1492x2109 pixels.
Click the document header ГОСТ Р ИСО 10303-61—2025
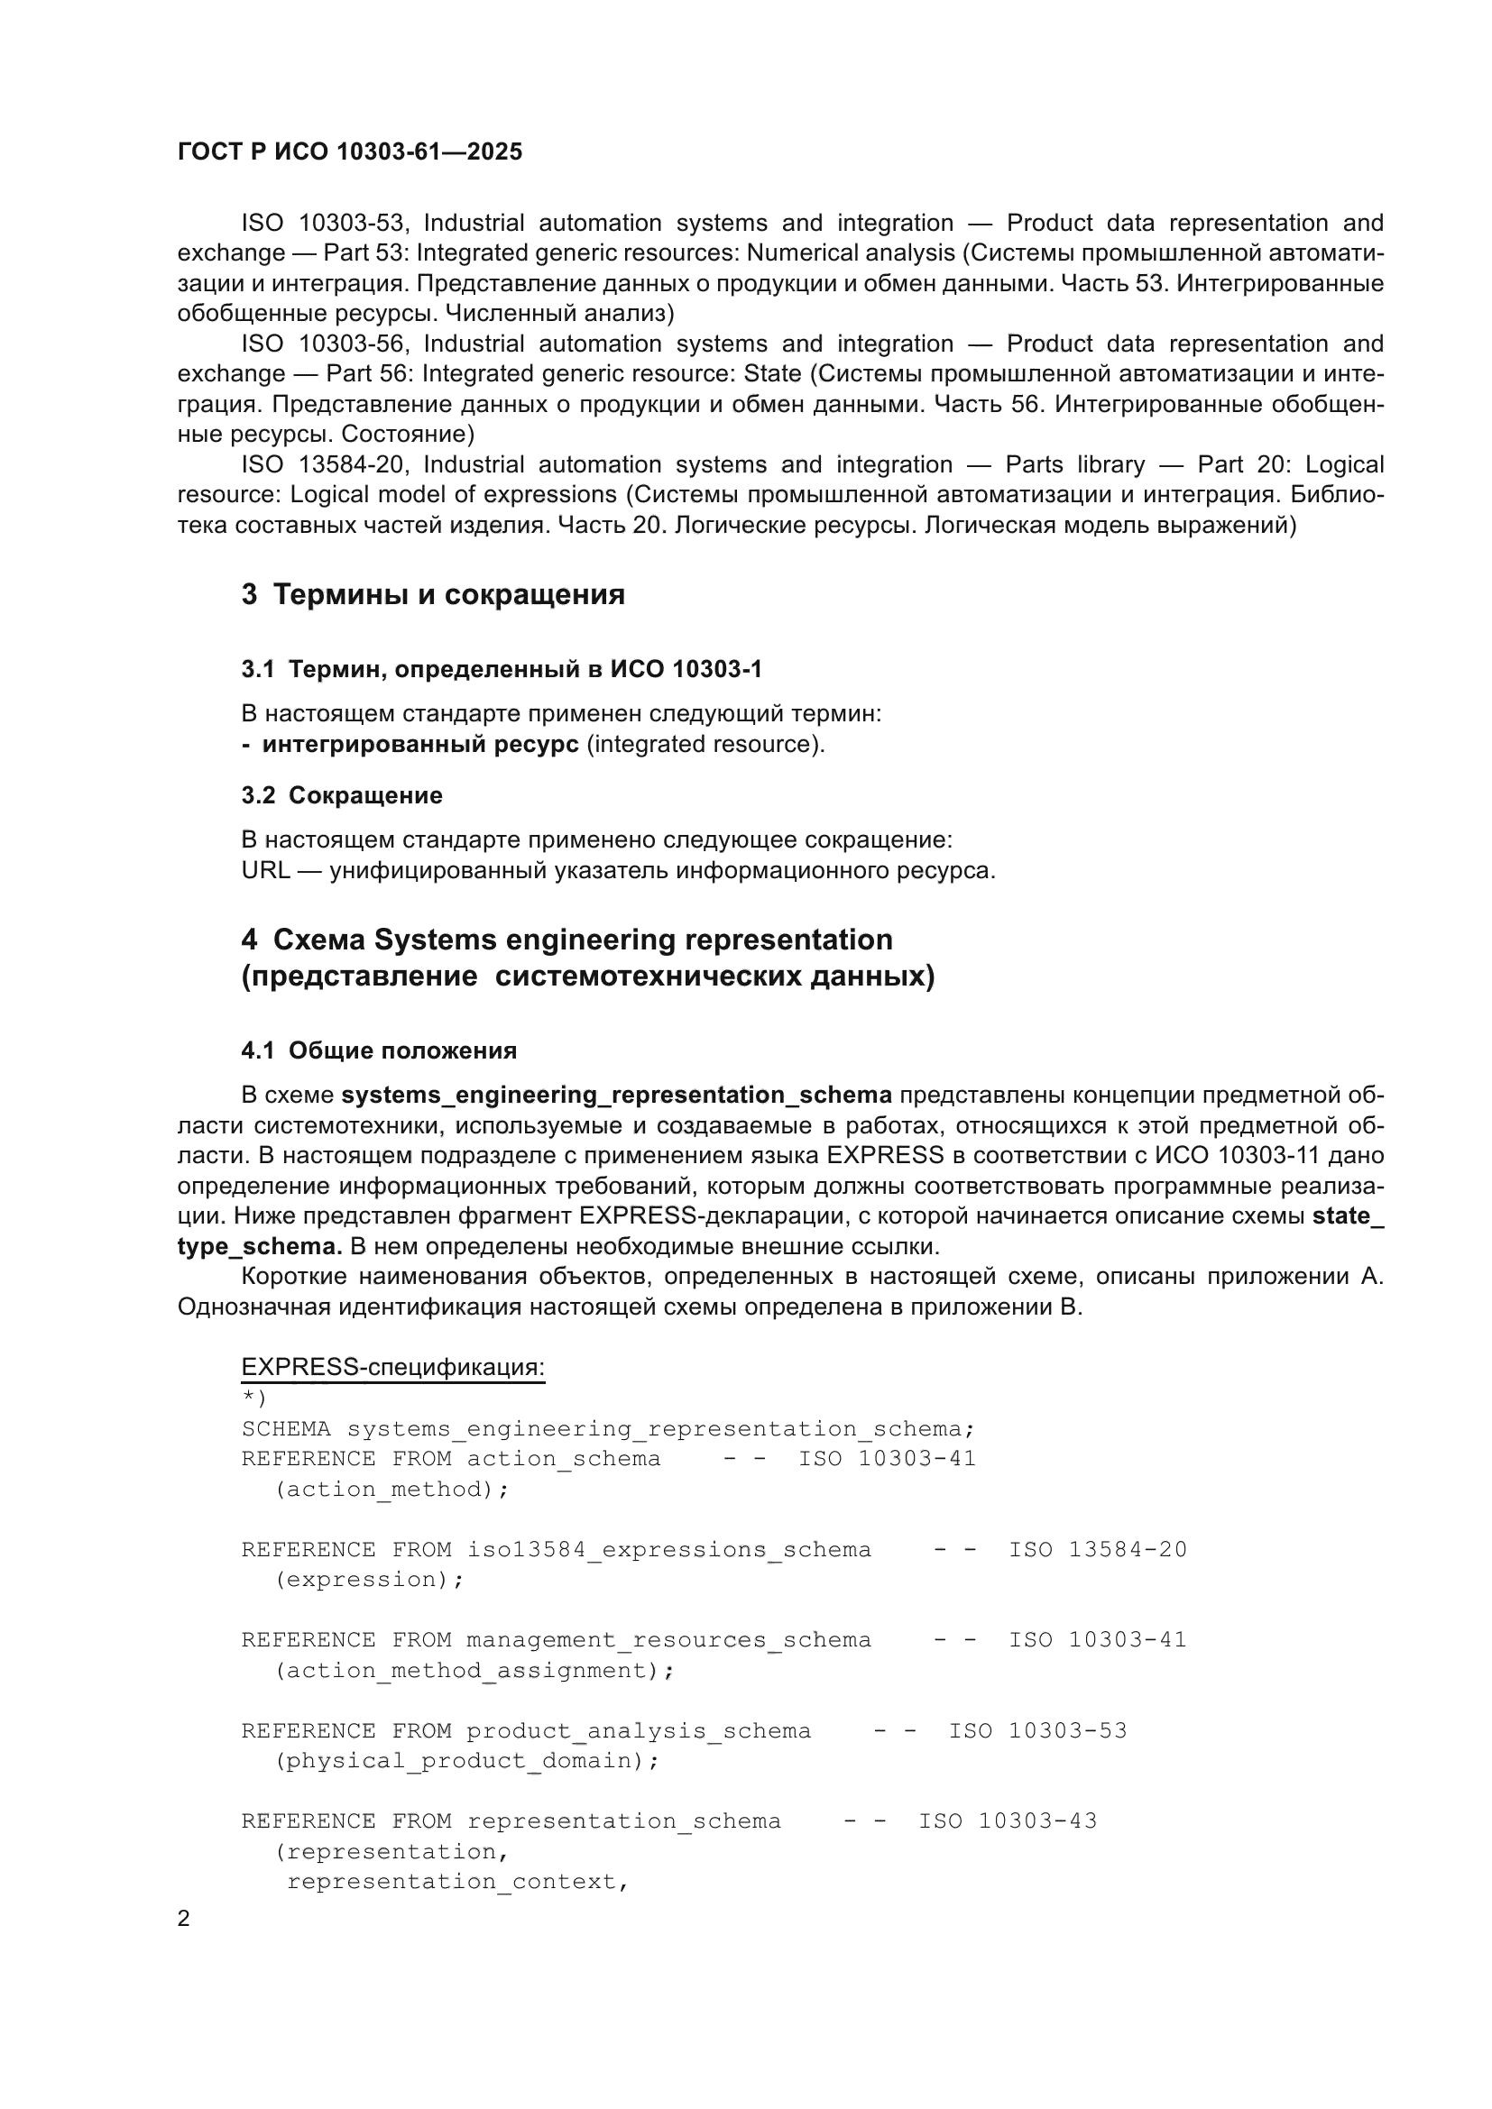(x=349, y=151)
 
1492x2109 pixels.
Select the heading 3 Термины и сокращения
(x=433, y=594)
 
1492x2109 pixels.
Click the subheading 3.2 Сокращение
(x=342, y=795)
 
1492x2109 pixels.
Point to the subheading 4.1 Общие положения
(x=379, y=1050)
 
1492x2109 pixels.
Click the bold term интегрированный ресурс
(x=419, y=744)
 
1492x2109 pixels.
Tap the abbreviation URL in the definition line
(x=265, y=870)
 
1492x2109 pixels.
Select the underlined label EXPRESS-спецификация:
(x=392, y=1368)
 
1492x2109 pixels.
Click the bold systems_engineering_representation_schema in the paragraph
(x=616, y=1095)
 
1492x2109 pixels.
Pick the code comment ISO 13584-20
(x=1098, y=1550)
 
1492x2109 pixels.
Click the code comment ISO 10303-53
(x=1037, y=1730)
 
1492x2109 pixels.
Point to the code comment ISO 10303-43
(x=1008, y=1820)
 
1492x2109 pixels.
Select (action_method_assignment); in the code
(x=474, y=1670)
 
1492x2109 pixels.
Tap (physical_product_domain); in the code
(x=466, y=1761)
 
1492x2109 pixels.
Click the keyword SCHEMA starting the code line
(x=286, y=1429)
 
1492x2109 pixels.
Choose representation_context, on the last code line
(x=456, y=1881)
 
